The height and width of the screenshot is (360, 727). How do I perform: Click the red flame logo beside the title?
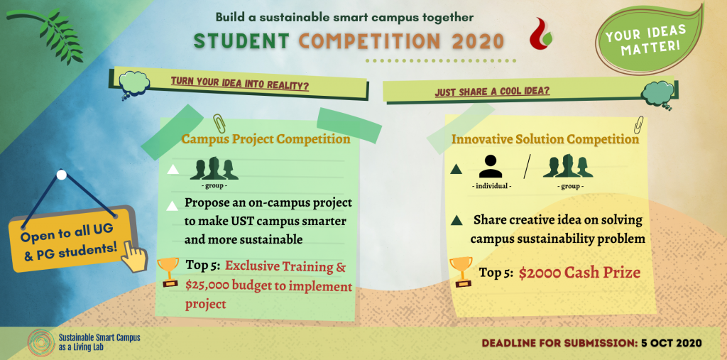[540, 34]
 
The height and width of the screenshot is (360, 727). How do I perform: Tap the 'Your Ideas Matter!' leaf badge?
[649, 38]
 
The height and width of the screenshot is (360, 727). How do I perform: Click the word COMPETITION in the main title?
[369, 41]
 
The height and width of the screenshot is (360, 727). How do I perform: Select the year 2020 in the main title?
[476, 41]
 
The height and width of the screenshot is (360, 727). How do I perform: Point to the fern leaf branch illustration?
[46, 34]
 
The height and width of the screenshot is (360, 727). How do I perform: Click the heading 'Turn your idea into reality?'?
[240, 84]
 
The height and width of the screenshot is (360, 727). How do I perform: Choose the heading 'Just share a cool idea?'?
[492, 91]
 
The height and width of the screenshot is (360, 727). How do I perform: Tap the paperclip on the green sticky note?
[219, 124]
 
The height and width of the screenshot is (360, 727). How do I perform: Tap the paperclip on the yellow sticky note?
[639, 124]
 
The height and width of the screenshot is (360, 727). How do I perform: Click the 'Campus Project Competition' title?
[266, 138]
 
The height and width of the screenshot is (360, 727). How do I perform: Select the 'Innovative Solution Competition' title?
[545, 139]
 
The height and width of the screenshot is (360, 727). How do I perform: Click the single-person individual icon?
[490, 166]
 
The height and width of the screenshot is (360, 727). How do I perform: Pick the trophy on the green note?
[168, 272]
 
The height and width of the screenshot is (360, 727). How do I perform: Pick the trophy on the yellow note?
[461, 271]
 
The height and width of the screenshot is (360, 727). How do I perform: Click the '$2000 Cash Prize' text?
[579, 273]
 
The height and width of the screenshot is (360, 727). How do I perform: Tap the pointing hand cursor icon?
[134, 256]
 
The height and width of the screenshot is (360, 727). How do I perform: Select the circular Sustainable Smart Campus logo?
[41, 343]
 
